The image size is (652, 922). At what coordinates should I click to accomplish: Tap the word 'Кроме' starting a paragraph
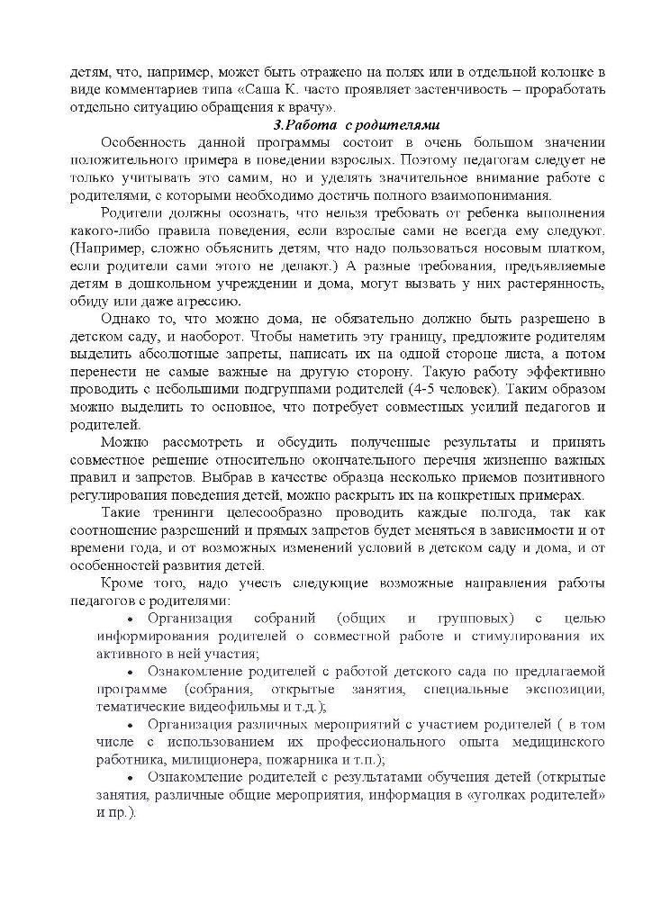pos(120,584)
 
